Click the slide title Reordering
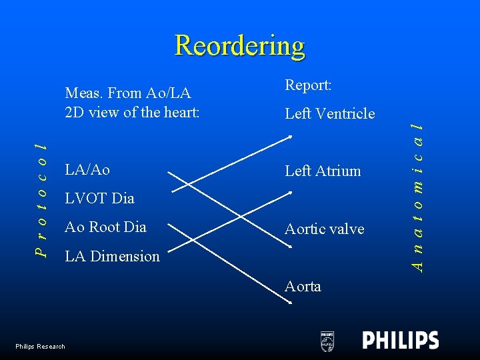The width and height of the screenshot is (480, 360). point(240,46)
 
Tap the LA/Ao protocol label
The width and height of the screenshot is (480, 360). point(87,170)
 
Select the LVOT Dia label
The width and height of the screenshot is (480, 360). point(99,198)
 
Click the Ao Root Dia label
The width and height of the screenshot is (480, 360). point(105,227)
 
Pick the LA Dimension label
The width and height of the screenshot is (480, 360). point(112,256)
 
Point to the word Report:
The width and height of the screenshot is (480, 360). point(309,85)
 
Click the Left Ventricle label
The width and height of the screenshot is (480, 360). point(330,114)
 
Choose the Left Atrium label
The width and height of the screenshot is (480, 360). point(323,171)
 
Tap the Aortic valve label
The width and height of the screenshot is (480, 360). point(325,229)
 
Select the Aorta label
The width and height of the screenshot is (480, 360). point(303,286)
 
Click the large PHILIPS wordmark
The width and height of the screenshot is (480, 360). point(401,340)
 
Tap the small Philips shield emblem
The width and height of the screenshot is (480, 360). point(327,341)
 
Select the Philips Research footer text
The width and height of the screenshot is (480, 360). point(41,346)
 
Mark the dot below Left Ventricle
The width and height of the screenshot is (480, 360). point(290,137)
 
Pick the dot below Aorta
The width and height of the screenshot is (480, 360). point(290,303)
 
